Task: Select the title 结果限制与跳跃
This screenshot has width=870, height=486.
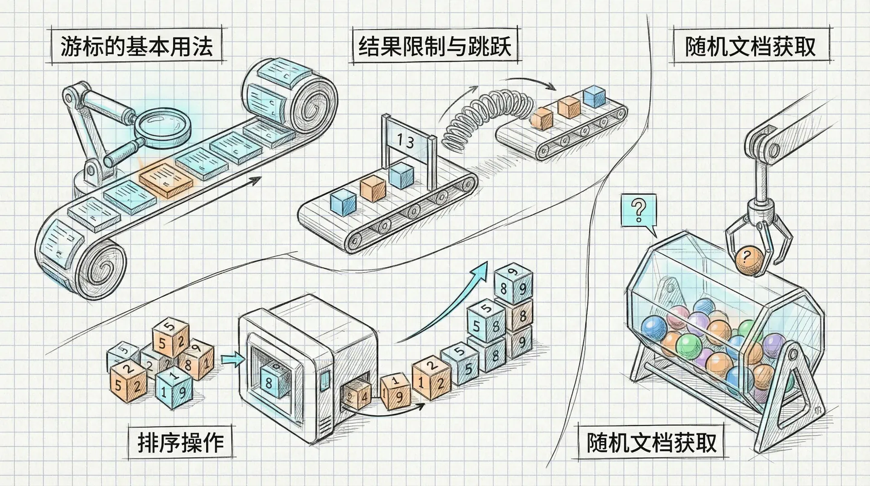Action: click(435, 46)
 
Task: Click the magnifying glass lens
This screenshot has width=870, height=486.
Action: click(164, 123)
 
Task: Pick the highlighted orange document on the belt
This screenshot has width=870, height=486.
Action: click(166, 180)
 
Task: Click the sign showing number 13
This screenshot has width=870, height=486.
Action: click(406, 141)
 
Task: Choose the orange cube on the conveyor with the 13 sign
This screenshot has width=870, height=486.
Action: click(373, 189)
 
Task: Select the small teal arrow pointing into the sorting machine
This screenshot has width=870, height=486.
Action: click(232, 360)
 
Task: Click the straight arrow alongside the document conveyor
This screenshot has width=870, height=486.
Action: click(213, 199)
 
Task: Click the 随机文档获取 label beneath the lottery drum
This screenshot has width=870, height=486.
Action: click(652, 442)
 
